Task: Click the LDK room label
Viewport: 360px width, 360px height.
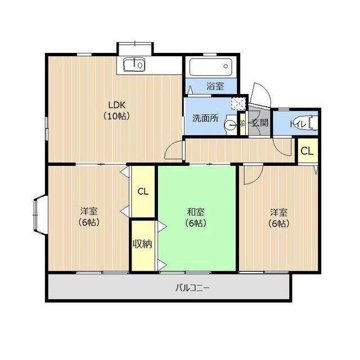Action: (117, 110)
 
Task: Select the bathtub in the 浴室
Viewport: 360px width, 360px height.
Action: (211, 66)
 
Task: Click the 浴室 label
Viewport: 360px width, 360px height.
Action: (215, 86)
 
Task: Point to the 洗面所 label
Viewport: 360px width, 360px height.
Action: (205, 118)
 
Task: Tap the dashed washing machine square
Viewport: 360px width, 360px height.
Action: (238, 104)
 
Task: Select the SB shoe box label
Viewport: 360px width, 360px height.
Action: (242, 124)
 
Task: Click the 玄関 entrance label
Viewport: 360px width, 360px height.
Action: (260, 123)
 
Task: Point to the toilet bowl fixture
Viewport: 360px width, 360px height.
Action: (313, 123)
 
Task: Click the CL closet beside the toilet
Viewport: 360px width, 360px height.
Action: (307, 151)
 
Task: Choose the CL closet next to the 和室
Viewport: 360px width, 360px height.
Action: (143, 191)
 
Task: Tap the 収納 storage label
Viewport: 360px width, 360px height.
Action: (142, 244)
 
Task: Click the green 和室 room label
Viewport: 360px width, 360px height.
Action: (196, 218)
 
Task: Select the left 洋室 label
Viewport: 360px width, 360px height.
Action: (89, 217)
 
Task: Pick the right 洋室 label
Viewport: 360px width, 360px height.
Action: (279, 218)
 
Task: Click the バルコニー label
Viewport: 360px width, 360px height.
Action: (192, 287)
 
